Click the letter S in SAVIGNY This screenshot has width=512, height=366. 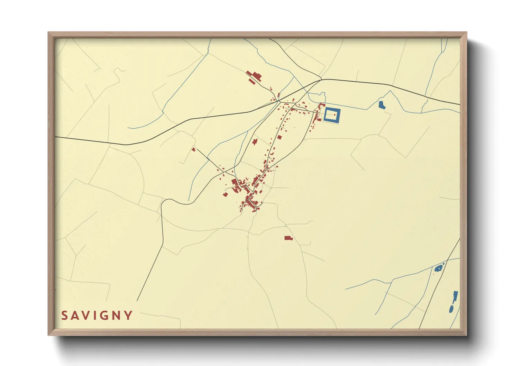[x=65, y=315]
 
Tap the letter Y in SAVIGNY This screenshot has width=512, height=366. [x=129, y=315]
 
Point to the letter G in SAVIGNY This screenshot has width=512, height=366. [x=103, y=315]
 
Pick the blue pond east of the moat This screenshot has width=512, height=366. [x=382, y=105]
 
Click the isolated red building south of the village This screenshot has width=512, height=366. [x=288, y=238]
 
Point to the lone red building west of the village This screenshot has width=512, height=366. [x=194, y=149]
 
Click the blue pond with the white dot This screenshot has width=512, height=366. [x=439, y=268]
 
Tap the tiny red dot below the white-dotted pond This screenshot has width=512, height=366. [x=433, y=274]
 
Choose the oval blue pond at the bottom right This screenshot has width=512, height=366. [x=451, y=308]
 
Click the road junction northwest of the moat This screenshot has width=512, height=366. [x=321, y=80]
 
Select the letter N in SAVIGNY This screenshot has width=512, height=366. [x=116, y=315]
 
